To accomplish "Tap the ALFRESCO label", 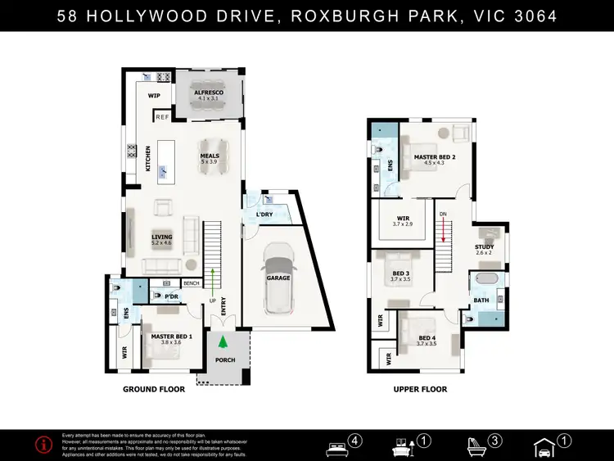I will pos(209,94).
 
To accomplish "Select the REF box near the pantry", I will pos(162,117).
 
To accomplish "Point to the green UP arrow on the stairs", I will pos(213,278).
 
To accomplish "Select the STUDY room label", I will pos(485,246).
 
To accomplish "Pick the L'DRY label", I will pos(264,215).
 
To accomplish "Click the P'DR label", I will pos(172,296).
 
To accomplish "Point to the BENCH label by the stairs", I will pos(192,283).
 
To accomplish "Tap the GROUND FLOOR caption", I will pos(154,390).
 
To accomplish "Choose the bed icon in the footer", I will pos(337,447).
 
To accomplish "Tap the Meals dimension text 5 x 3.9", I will pos(210,162).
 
